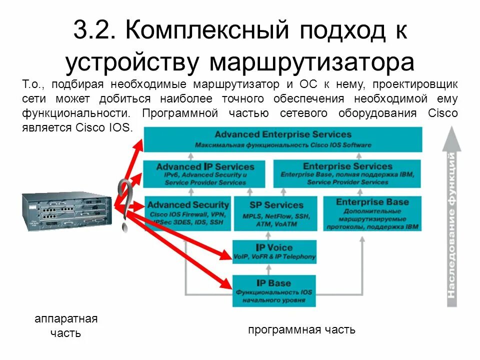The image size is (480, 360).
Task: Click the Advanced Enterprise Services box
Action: [282, 139]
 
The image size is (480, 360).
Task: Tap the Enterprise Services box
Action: [347, 173]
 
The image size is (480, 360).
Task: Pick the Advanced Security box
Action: [187, 212]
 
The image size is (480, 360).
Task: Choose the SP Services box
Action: [276, 213]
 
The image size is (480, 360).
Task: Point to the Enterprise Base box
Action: [372, 213]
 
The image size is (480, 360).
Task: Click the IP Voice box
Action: [274, 251]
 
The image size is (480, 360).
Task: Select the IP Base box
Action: [274, 290]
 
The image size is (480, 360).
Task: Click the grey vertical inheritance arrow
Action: [451, 215]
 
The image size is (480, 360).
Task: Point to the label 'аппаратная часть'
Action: [66, 326]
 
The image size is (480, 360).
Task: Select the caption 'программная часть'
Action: [301, 329]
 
